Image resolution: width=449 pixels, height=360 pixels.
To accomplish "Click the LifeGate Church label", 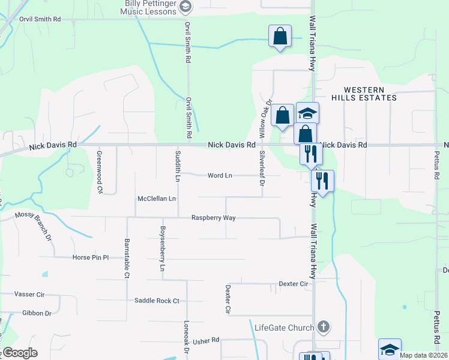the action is pos(284,328).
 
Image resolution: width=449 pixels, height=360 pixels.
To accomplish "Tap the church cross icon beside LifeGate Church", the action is pos(324,327).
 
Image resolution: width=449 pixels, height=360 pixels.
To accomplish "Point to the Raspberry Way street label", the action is pos(213,218).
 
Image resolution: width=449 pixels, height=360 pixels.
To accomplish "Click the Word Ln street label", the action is pos(220,176).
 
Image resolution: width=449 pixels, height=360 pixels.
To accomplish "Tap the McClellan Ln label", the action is pos(157,198).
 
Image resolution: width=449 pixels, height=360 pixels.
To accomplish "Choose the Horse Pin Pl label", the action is pos(90,257).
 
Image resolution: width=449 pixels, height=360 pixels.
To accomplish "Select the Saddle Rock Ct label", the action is pos(157,301).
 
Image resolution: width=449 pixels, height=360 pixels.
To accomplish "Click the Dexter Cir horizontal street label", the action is pos(293,283).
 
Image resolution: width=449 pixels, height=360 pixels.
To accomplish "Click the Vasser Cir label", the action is pos(30,295).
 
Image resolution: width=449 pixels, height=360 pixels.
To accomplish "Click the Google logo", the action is pos(19,353).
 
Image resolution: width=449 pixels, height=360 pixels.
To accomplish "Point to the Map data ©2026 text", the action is pos(423,355).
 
